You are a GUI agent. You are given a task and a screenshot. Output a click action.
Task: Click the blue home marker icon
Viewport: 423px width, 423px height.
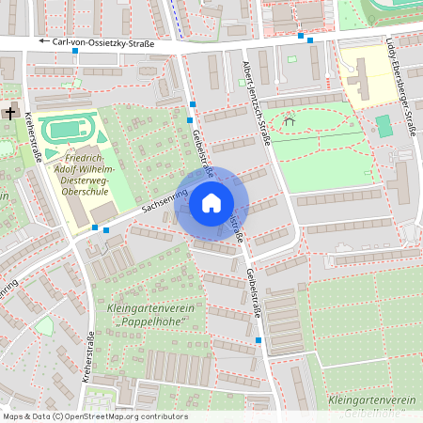[x=211, y=203]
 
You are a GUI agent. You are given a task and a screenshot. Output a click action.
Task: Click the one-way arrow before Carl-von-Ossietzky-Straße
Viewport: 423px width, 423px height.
[x=43, y=42]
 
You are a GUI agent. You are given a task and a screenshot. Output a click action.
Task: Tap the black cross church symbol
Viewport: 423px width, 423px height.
[x=10, y=112]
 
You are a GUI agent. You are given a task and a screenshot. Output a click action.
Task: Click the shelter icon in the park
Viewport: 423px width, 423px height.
[x=290, y=119]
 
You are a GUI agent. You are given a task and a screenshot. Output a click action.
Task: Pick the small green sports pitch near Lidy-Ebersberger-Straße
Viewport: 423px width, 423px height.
[x=383, y=125]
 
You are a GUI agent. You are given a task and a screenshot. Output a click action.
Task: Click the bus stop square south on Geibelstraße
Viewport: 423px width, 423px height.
[x=258, y=340]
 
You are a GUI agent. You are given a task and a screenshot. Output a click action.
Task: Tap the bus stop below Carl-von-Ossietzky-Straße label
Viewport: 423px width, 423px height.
[x=75, y=52]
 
